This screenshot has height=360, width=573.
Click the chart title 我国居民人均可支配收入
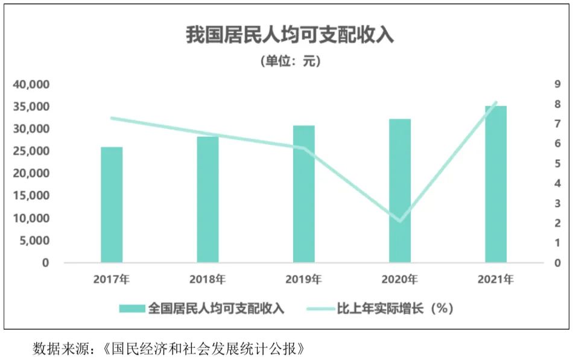[x=289, y=34]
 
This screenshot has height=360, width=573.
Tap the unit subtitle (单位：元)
[x=290, y=61]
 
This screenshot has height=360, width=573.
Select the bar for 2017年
[x=112, y=204]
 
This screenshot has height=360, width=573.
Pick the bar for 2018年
[x=207, y=200]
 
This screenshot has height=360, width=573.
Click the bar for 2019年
[x=304, y=194]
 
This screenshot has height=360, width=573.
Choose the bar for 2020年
[x=400, y=191]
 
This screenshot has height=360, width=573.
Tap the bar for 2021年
[x=496, y=184]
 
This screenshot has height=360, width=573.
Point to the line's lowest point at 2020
[x=399, y=221]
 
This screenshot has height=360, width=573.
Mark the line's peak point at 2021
[x=496, y=103]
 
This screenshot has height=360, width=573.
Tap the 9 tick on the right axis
[x=557, y=84]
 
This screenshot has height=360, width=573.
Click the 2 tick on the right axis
[x=557, y=223]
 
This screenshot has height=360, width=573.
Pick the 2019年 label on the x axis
[x=304, y=279]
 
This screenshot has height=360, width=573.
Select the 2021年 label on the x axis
[x=496, y=279]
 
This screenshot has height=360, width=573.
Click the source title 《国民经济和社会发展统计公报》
[x=205, y=349]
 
